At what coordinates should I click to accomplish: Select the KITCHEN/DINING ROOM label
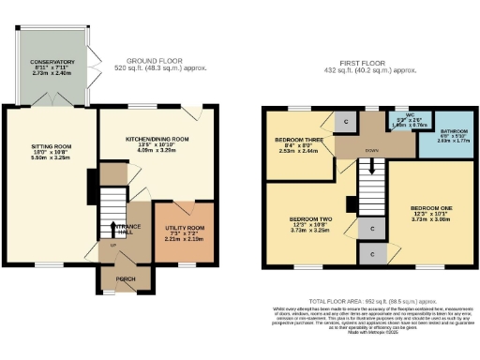click(x=157, y=139)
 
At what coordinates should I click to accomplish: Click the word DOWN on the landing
click(x=372, y=148)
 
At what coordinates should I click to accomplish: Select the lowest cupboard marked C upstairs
click(x=372, y=253)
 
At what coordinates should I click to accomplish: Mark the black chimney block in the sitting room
click(x=91, y=180)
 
